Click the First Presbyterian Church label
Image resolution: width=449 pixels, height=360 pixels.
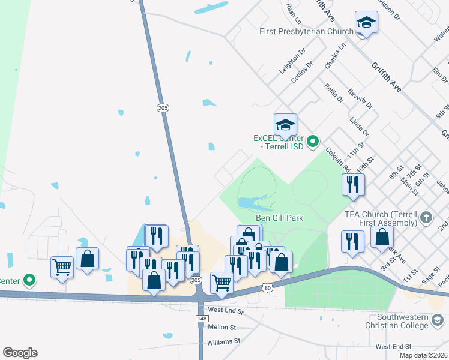click(x=306, y=31)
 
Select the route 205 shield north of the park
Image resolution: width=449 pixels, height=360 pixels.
click(x=163, y=108)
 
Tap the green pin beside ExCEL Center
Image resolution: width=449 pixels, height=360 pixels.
click(x=312, y=142)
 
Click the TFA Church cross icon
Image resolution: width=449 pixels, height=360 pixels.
click(x=426, y=217)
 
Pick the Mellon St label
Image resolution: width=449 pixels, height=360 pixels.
click(x=223, y=328)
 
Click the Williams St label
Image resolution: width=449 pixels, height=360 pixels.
click(x=223, y=341)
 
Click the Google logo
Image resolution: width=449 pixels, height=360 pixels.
click(x=20, y=353)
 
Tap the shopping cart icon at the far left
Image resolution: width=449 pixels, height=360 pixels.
click(x=62, y=267)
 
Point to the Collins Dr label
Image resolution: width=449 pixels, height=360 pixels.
click(x=302, y=73)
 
